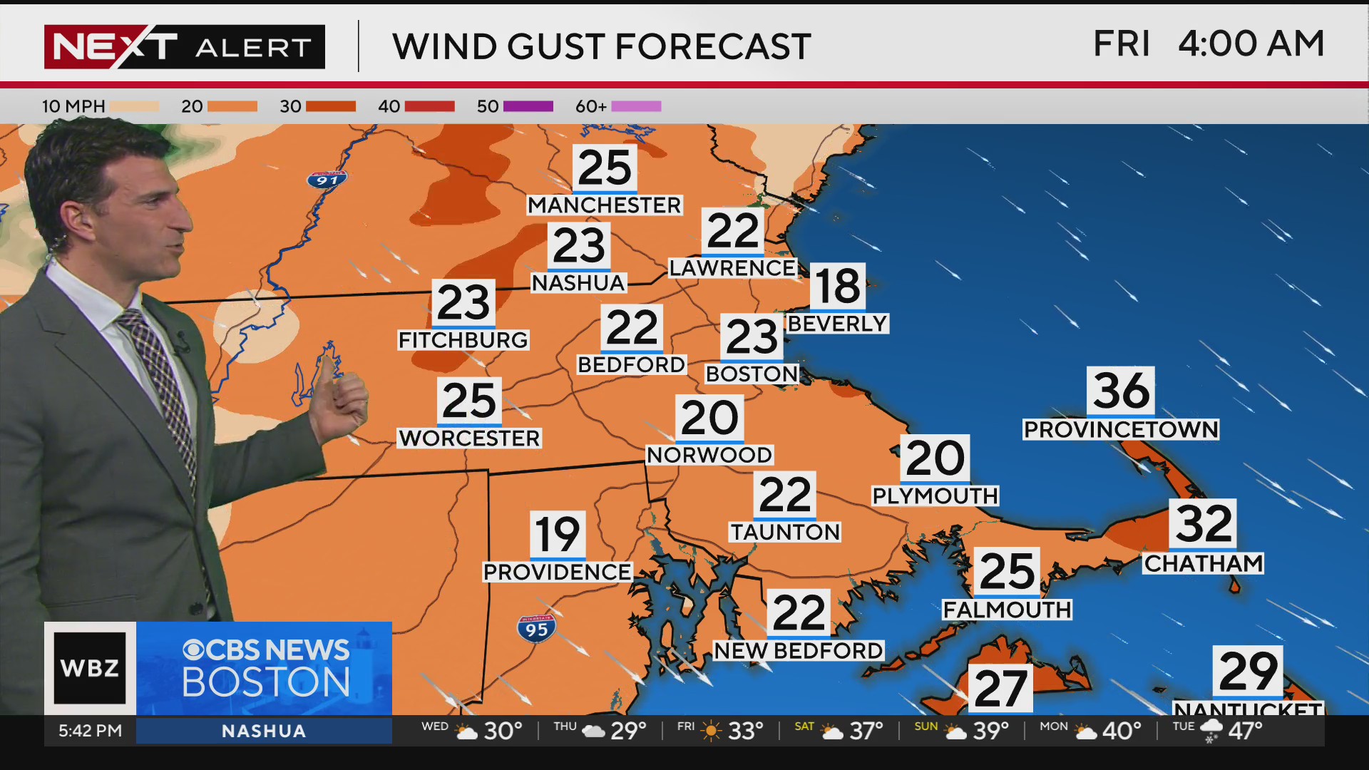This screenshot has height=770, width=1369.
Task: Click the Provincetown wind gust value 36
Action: pos(1121,391)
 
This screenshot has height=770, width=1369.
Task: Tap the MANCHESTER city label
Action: pos(604,205)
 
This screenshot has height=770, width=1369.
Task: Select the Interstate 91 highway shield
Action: pos(327,179)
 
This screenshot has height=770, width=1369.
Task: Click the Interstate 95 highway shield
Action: pos(536,629)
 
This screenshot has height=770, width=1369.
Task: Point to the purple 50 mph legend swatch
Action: pos(528,106)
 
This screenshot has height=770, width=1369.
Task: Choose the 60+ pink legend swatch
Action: pos(636,106)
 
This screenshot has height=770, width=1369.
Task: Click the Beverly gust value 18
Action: pos(838,287)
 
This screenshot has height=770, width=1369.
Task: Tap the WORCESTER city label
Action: pos(469,438)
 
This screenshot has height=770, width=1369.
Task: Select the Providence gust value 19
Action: pos(558,535)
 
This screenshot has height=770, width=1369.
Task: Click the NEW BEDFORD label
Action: pos(799,650)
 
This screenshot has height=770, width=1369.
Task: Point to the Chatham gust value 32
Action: pos(1204,523)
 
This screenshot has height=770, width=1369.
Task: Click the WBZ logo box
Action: pos(90,668)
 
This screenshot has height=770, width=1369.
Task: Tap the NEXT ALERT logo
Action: pos(184,47)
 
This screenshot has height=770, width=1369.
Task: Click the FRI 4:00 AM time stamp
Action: pos(1209,44)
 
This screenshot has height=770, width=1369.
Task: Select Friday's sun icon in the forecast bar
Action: pos(711,731)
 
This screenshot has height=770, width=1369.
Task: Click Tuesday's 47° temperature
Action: pos(1245,731)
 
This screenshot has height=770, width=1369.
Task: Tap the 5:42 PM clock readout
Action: pos(90,731)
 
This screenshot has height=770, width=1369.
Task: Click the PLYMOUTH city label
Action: pos(935,496)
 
